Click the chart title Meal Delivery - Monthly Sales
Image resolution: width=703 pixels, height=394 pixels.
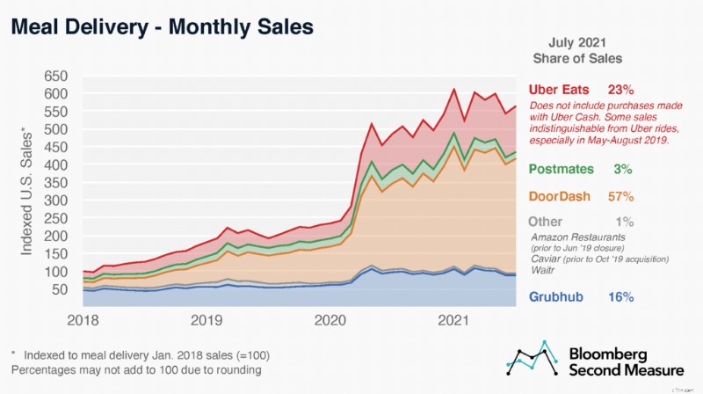point(161,27)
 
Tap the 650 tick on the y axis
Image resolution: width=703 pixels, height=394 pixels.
point(58,75)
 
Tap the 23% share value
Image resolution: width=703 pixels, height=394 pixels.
point(621,91)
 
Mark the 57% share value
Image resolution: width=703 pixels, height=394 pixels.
point(621,196)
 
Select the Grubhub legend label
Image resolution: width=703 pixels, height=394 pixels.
point(559,297)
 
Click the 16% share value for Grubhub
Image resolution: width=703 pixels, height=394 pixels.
point(621,297)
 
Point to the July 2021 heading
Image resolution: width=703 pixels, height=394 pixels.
point(576,41)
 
